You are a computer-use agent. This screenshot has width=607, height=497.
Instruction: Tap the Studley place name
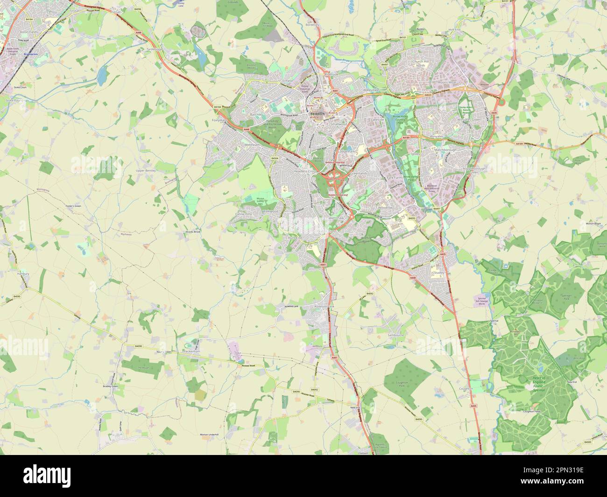pyautogui.click(x=439, y=272)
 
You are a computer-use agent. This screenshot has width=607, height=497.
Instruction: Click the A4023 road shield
pyautogui.click(x=427, y=94)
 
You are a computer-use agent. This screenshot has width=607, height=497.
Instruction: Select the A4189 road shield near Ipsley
pyautogui.click(x=406, y=138)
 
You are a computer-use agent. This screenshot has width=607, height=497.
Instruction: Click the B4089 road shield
pyautogui.click(x=587, y=442)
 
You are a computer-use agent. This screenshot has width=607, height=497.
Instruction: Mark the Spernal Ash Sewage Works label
pyautogui.click(x=482, y=301)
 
